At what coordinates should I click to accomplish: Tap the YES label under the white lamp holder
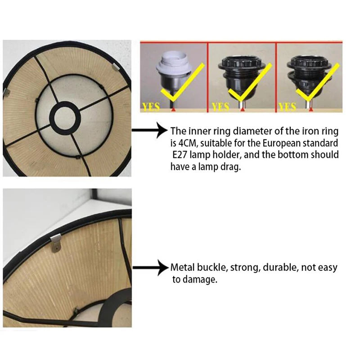click(x=151, y=107)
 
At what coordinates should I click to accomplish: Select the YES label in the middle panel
click(x=220, y=107)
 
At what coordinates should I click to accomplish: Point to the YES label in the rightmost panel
click(x=287, y=107)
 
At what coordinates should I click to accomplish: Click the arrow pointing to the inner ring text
click(x=150, y=130)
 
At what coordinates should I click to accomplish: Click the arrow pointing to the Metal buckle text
click(x=150, y=268)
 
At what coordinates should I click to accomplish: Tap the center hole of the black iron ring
click(x=65, y=118)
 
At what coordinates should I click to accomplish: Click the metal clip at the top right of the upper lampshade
click(x=116, y=67)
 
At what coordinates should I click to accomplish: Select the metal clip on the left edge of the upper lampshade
click(x=6, y=93)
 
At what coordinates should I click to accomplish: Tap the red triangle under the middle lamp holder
click(x=243, y=110)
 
